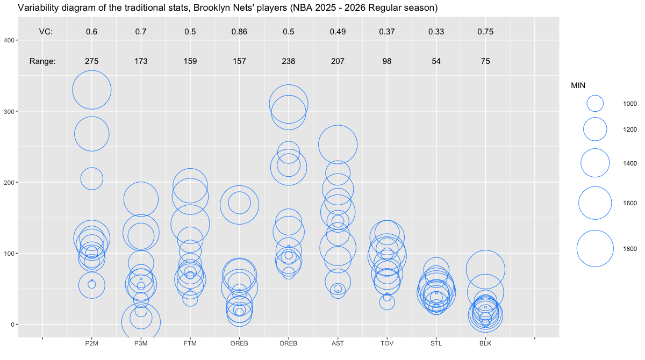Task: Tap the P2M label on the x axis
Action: [91, 343]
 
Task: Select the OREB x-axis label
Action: [239, 343]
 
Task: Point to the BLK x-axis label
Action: [485, 343]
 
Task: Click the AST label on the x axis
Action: [338, 343]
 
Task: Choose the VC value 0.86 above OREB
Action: [239, 32]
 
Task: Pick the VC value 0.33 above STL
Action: [436, 32]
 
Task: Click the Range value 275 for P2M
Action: [91, 61]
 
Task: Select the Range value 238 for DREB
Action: [289, 61]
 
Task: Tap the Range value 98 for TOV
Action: [387, 61]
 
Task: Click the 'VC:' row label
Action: [46, 32]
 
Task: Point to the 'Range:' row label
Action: [42, 61]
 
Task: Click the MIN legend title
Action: [578, 85]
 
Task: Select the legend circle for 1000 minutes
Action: [595, 103]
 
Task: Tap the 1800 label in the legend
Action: [630, 248]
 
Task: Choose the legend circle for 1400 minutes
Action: [595, 163]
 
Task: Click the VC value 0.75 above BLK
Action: [485, 32]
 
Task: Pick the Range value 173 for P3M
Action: [141, 61]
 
